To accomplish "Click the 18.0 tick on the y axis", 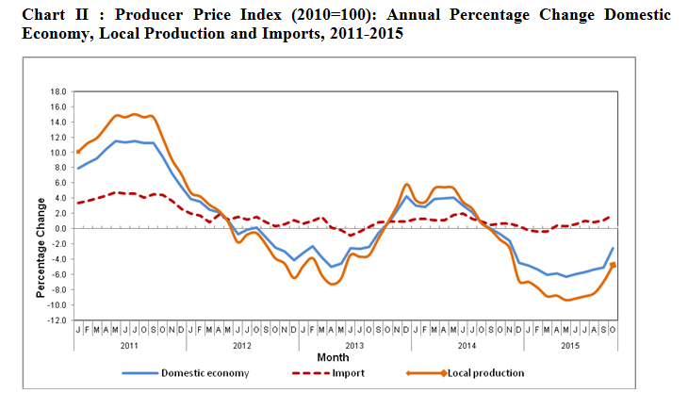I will [x=58, y=92].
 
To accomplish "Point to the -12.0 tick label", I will [x=57, y=320].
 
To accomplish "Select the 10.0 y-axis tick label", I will [x=58, y=153].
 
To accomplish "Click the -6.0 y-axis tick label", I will [x=58, y=274].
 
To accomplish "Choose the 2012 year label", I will [x=241, y=344].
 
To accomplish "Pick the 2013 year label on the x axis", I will [x=352, y=344].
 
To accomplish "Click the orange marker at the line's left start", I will [x=78, y=151].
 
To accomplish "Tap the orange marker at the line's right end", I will [x=614, y=265].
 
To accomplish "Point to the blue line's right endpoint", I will [x=614, y=248].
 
